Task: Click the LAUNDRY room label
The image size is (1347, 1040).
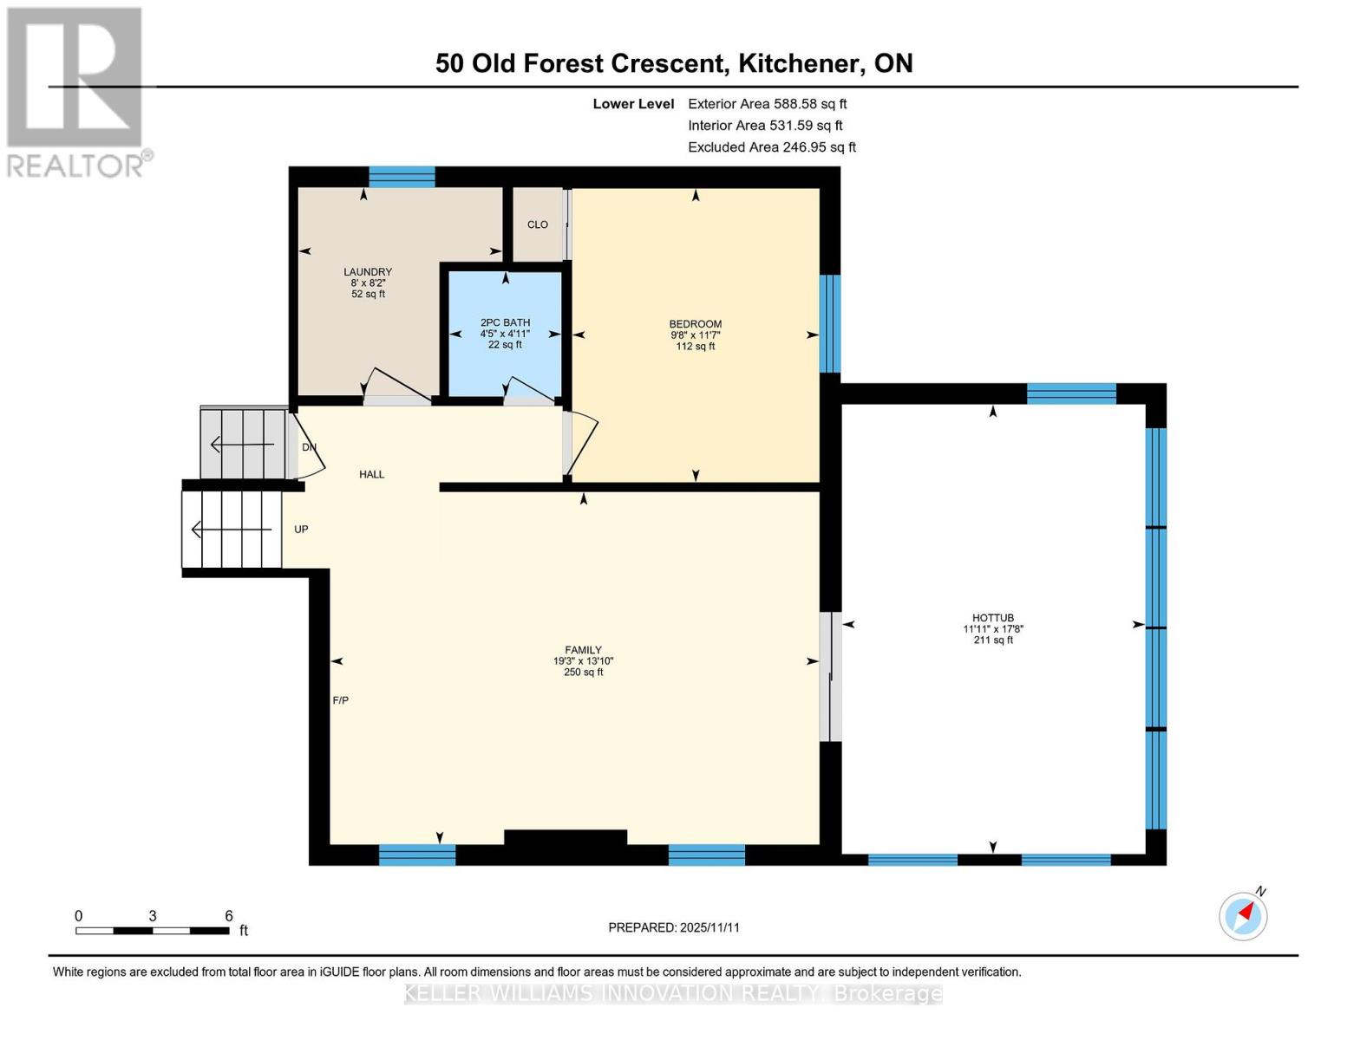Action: [x=368, y=272]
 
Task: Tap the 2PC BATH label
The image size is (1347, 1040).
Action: [x=505, y=322]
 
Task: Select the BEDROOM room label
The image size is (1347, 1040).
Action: [x=695, y=324]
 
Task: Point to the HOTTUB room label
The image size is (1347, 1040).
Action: [x=993, y=618]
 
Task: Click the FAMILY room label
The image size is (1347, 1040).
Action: [x=583, y=650]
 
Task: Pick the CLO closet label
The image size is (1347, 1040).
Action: [x=538, y=224]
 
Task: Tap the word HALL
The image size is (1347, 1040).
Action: [x=372, y=474]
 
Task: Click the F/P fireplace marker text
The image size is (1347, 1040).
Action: [x=341, y=700]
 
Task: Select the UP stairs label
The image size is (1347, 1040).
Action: [x=301, y=530]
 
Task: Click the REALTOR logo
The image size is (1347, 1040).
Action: [x=76, y=92]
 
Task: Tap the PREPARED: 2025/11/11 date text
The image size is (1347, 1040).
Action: [x=674, y=927]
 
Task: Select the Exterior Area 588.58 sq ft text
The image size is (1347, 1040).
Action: [x=768, y=104]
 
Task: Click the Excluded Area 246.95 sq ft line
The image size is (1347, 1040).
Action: [x=772, y=147]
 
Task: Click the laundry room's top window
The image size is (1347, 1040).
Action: [x=402, y=177]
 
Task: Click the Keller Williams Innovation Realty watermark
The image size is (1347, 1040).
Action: [x=673, y=994]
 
